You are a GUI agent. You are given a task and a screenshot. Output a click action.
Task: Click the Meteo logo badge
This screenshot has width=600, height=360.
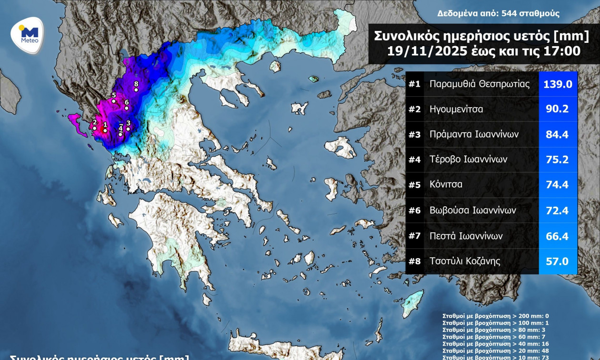click(x=27, y=34)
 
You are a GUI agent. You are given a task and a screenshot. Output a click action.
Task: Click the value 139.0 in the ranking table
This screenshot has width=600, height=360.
click(x=558, y=84)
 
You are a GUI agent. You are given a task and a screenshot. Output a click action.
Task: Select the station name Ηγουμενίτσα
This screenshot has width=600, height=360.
click(x=456, y=109)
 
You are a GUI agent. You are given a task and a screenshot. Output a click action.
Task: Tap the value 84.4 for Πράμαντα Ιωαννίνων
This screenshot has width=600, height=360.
click(x=558, y=134)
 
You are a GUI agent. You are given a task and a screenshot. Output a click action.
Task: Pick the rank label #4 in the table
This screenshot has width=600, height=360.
click(x=414, y=160)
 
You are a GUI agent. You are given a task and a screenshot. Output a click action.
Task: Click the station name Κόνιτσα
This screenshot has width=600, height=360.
click(x=446, y=185)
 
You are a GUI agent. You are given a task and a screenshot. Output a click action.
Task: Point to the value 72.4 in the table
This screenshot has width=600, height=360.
click(x=558, y=210)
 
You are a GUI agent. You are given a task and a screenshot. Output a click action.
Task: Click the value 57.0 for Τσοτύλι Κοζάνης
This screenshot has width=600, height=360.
click(x=558, y=261)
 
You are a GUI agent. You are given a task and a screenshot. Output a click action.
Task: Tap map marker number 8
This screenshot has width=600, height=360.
click(x=136, y=90)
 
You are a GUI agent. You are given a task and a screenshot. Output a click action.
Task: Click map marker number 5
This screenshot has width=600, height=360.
click(x=113, y=101)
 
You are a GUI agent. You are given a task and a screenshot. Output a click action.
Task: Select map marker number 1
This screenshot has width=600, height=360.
click(x=105, y=130)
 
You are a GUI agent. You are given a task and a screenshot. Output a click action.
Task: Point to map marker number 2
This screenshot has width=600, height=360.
click(x=95, y=128)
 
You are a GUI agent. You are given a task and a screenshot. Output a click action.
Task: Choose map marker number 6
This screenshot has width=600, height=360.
click(x=126, y=108)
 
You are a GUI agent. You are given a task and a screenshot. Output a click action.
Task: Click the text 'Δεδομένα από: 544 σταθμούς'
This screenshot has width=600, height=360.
click(x=498, y=14)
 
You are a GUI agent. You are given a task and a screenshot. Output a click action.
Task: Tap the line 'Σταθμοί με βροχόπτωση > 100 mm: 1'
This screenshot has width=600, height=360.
click(x=495, y=322)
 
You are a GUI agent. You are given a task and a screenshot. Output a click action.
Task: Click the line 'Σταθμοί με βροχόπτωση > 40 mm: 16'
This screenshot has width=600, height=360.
click(x=495, y=343)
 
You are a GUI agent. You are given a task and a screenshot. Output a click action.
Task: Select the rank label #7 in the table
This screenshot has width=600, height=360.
click(x=414, y=236)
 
